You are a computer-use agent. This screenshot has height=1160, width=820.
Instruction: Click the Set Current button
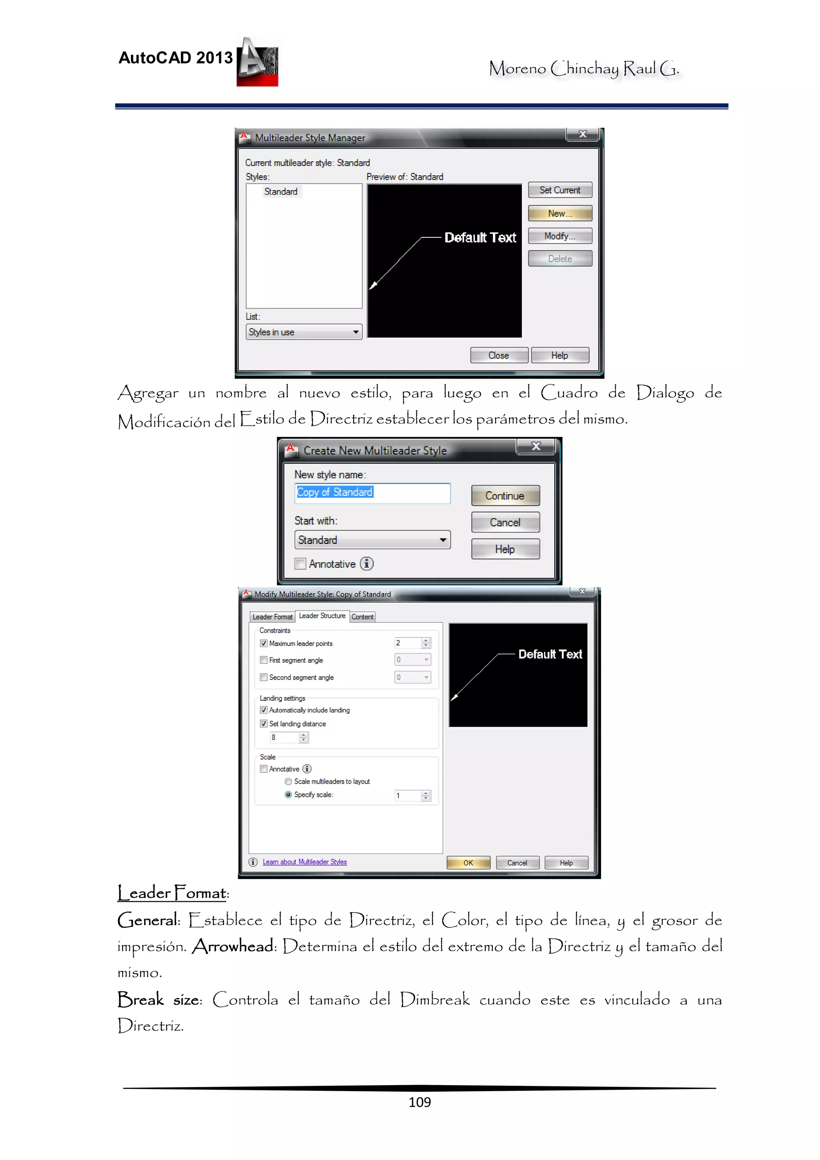[x=559, y=190]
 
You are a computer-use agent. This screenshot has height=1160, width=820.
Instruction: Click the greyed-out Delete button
[x=559, y=259]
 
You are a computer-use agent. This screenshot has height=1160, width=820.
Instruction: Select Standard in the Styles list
[x=281, y=191]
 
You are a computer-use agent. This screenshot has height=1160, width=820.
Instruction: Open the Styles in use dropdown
[x=304, y=332]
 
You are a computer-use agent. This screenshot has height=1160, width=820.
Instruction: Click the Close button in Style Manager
[x=498, y=356]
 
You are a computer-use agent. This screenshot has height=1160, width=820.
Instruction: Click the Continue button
[x=505, y=496]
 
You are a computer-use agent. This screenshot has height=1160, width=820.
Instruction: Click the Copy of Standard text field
[x=372, y=493]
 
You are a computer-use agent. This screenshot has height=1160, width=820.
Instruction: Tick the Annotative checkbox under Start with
[x=301, y=564]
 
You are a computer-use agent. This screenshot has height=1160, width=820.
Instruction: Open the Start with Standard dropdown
[x=372, y=540]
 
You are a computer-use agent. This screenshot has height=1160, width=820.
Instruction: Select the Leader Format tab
[x=272, y=617]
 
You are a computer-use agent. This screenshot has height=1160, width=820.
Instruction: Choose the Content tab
[x=362, y=617]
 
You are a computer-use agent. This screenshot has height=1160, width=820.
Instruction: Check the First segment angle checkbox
[x=264, y=660]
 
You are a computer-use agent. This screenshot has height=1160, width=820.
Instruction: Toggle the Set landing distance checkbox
[x=264, y=724]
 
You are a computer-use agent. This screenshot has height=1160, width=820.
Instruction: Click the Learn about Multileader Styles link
[x=305, y=862]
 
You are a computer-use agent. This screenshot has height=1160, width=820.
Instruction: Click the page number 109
[x=419, y=1102]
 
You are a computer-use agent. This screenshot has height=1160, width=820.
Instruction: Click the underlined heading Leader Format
[x=173, y=893]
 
